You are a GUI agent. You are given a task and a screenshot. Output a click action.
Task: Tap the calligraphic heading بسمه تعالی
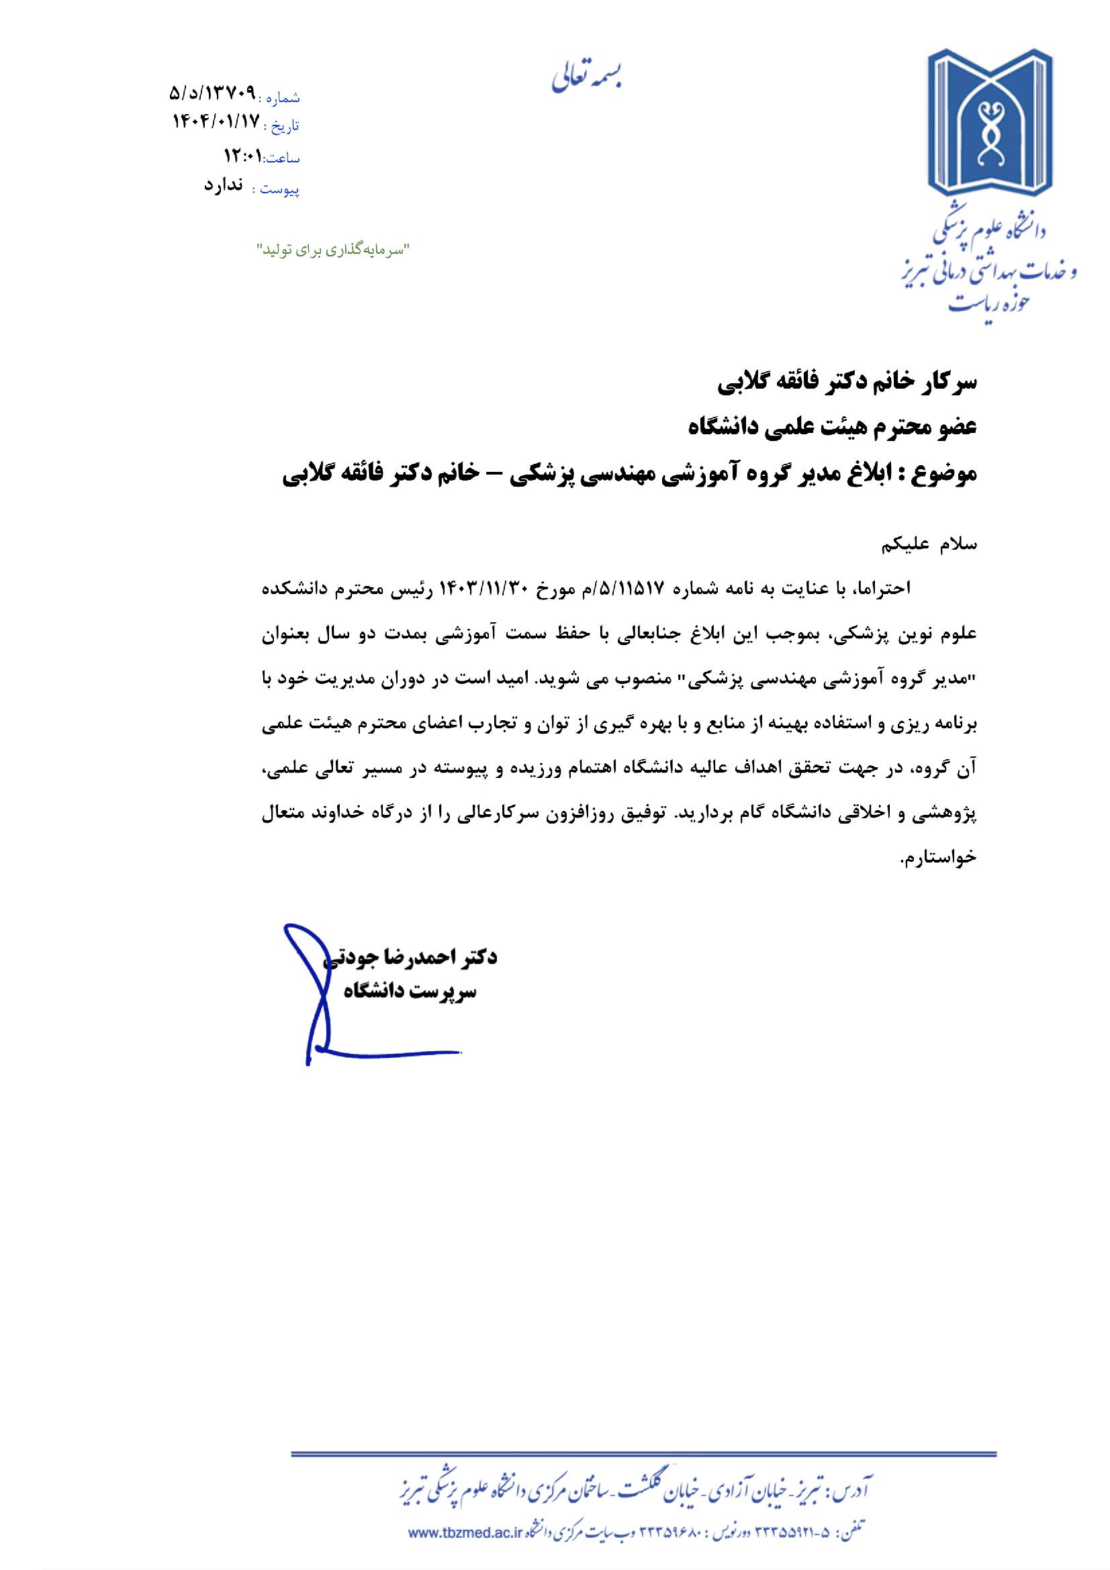(x=588, y=77)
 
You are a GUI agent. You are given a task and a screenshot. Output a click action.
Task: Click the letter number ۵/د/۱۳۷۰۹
(x=212, y=93)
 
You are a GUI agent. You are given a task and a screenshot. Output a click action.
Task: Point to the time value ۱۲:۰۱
(x=243, y=156)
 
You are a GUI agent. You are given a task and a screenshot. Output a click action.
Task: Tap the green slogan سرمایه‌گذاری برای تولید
(x=331, y=250)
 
